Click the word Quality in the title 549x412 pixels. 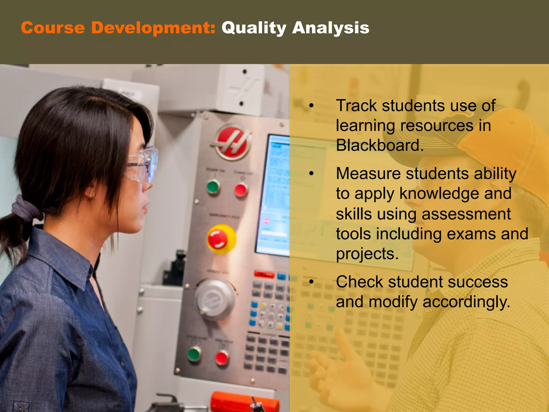[254, 28]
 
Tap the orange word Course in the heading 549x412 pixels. [53, 28]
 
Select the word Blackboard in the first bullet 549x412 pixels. [379, 145]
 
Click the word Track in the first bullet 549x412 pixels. [356, 106]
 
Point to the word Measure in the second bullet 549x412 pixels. [368, 174]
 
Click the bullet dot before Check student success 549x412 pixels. [311, 282]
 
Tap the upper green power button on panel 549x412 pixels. [213, 187]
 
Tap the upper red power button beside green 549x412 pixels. [241, 190]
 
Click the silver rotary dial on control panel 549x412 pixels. [214, 300]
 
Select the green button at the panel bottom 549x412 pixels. [194, 354]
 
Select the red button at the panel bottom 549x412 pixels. [222, 358]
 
